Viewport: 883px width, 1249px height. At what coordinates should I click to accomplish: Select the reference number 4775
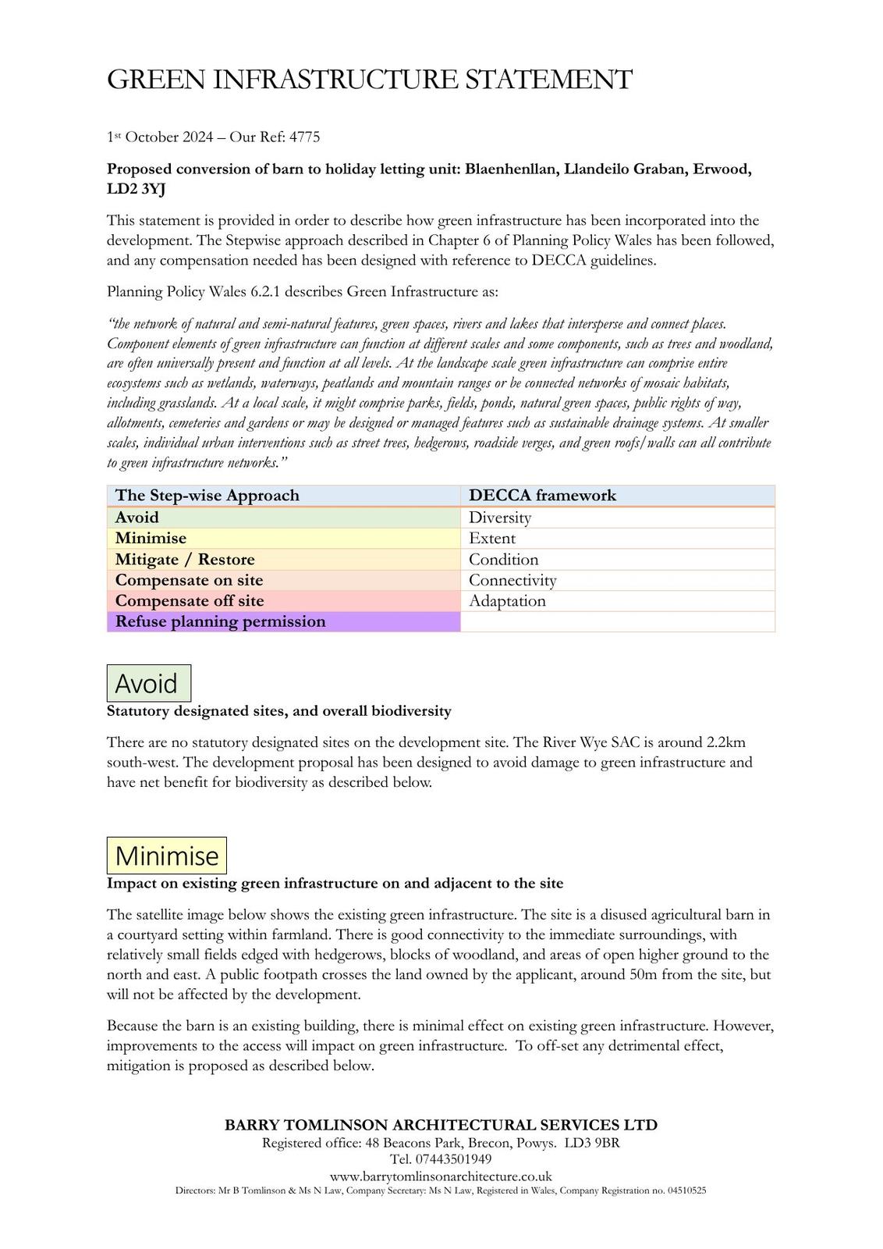[304, 137]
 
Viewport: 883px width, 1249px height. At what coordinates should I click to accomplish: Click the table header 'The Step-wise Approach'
[207, 496]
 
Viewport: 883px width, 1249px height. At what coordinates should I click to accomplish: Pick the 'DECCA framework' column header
[542, 496]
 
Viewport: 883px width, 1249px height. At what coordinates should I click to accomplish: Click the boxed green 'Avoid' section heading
[148, 684]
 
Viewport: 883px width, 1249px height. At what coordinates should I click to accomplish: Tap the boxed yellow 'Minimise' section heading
[167, 856]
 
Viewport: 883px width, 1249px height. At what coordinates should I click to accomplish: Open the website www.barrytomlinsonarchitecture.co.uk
[441, 1176]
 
